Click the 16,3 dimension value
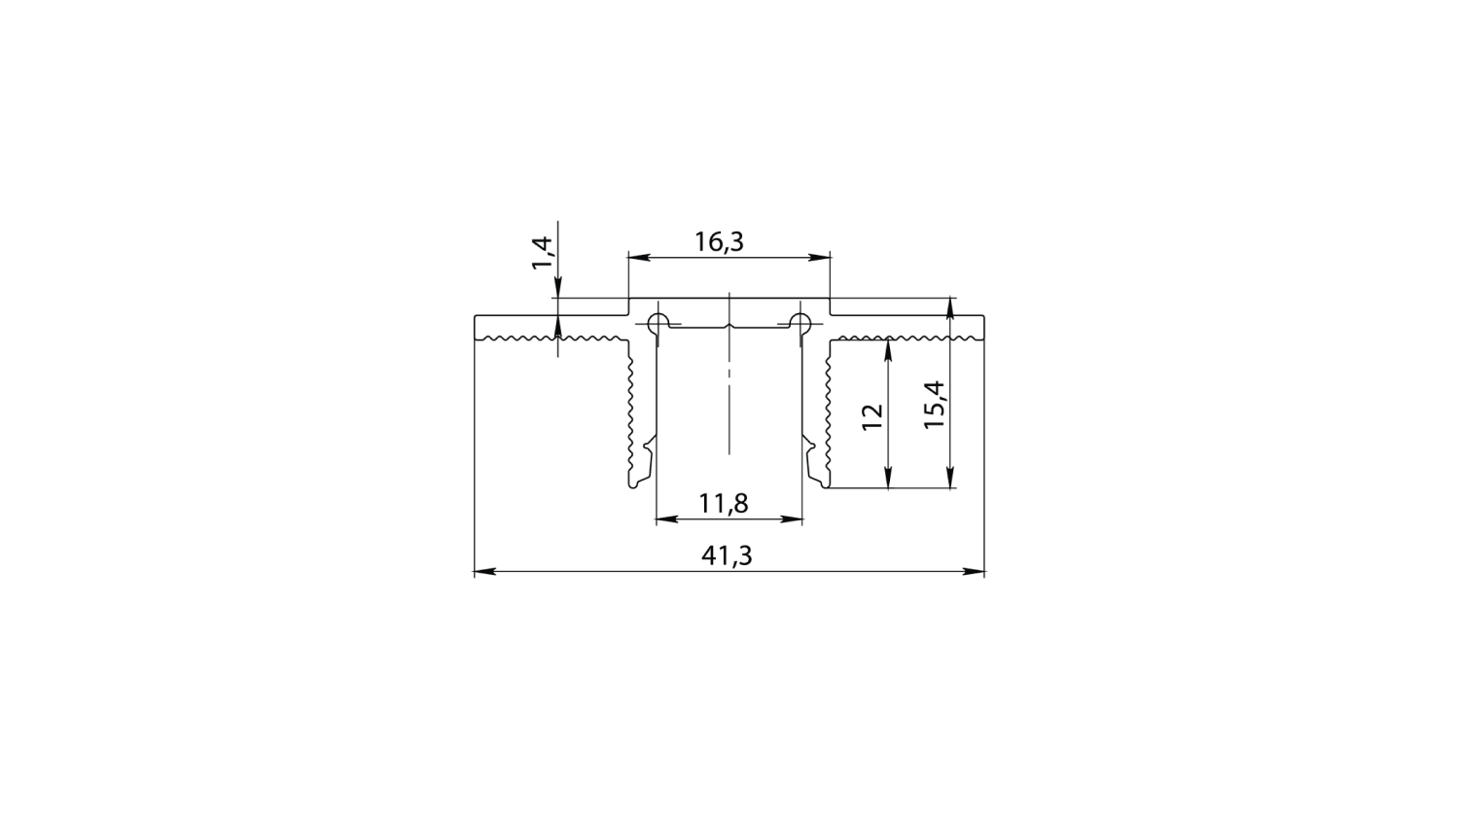(x=719, y=241)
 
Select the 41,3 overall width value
(x=727, y=555)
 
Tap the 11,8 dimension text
(x=723, y=503)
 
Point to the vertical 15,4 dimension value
(x=934, y=405)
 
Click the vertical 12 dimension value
(x=872, y=412)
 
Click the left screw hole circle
(x=658, y=322)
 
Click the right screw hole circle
(x=800, y=322)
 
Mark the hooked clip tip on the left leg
(x=639, y=479)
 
